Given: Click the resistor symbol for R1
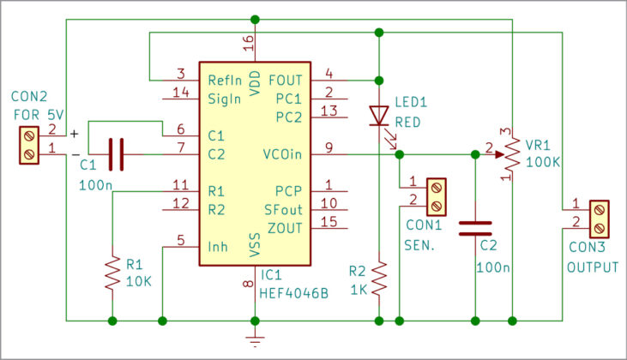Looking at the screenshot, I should coord(112,272).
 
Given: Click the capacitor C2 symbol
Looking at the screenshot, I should coord(474,228).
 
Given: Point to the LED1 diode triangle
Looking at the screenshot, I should coord(378,116).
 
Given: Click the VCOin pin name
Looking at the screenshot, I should coord(283,154).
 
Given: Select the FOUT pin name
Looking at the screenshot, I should coord(286,80).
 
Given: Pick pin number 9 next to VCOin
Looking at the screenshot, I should coord(329,147).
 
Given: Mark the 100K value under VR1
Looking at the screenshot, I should coord(543,161).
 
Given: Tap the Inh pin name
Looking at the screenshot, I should coord(218,247).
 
